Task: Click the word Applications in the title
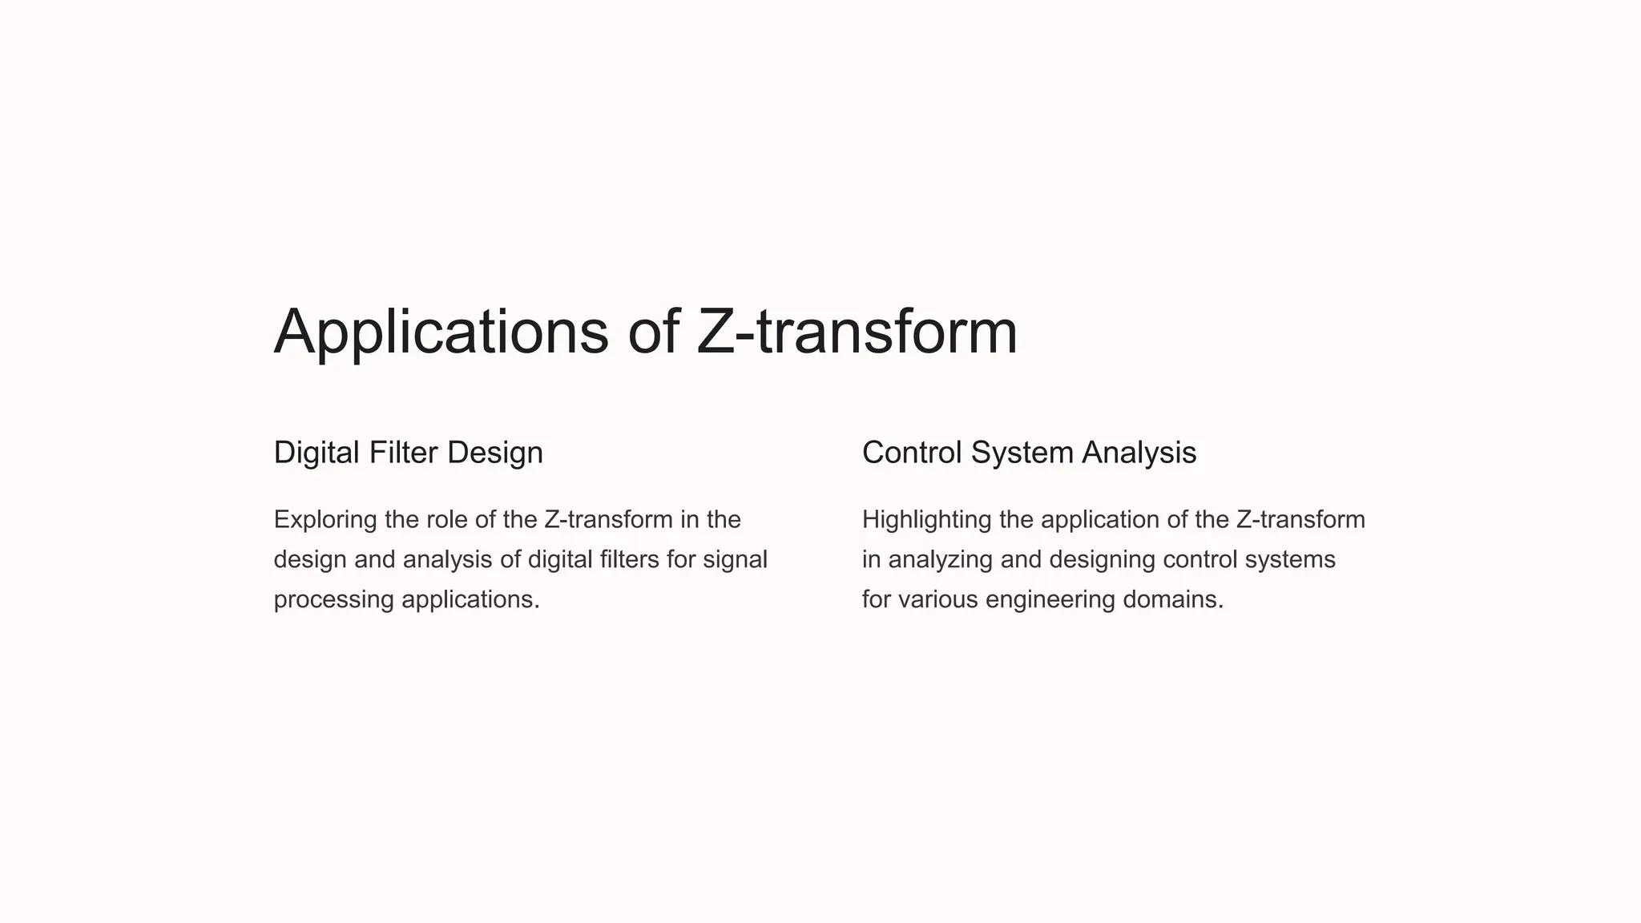tap(441, 332)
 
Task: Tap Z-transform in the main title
tap(857, 332)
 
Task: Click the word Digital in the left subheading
tap(317, 453)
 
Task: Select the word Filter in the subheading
tap(403, 453)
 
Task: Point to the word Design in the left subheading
tap(494, 453)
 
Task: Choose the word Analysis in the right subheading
tap(1139, 453)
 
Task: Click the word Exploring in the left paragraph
tap(325, 519)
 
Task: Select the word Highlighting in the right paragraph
tap(926, 519)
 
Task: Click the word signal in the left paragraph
tap(735, 559)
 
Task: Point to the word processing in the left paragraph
tap(333, 599)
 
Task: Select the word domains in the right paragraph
tap(1172, 599)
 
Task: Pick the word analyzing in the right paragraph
tap(941, 559)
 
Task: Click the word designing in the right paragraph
tap(1102, 559)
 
